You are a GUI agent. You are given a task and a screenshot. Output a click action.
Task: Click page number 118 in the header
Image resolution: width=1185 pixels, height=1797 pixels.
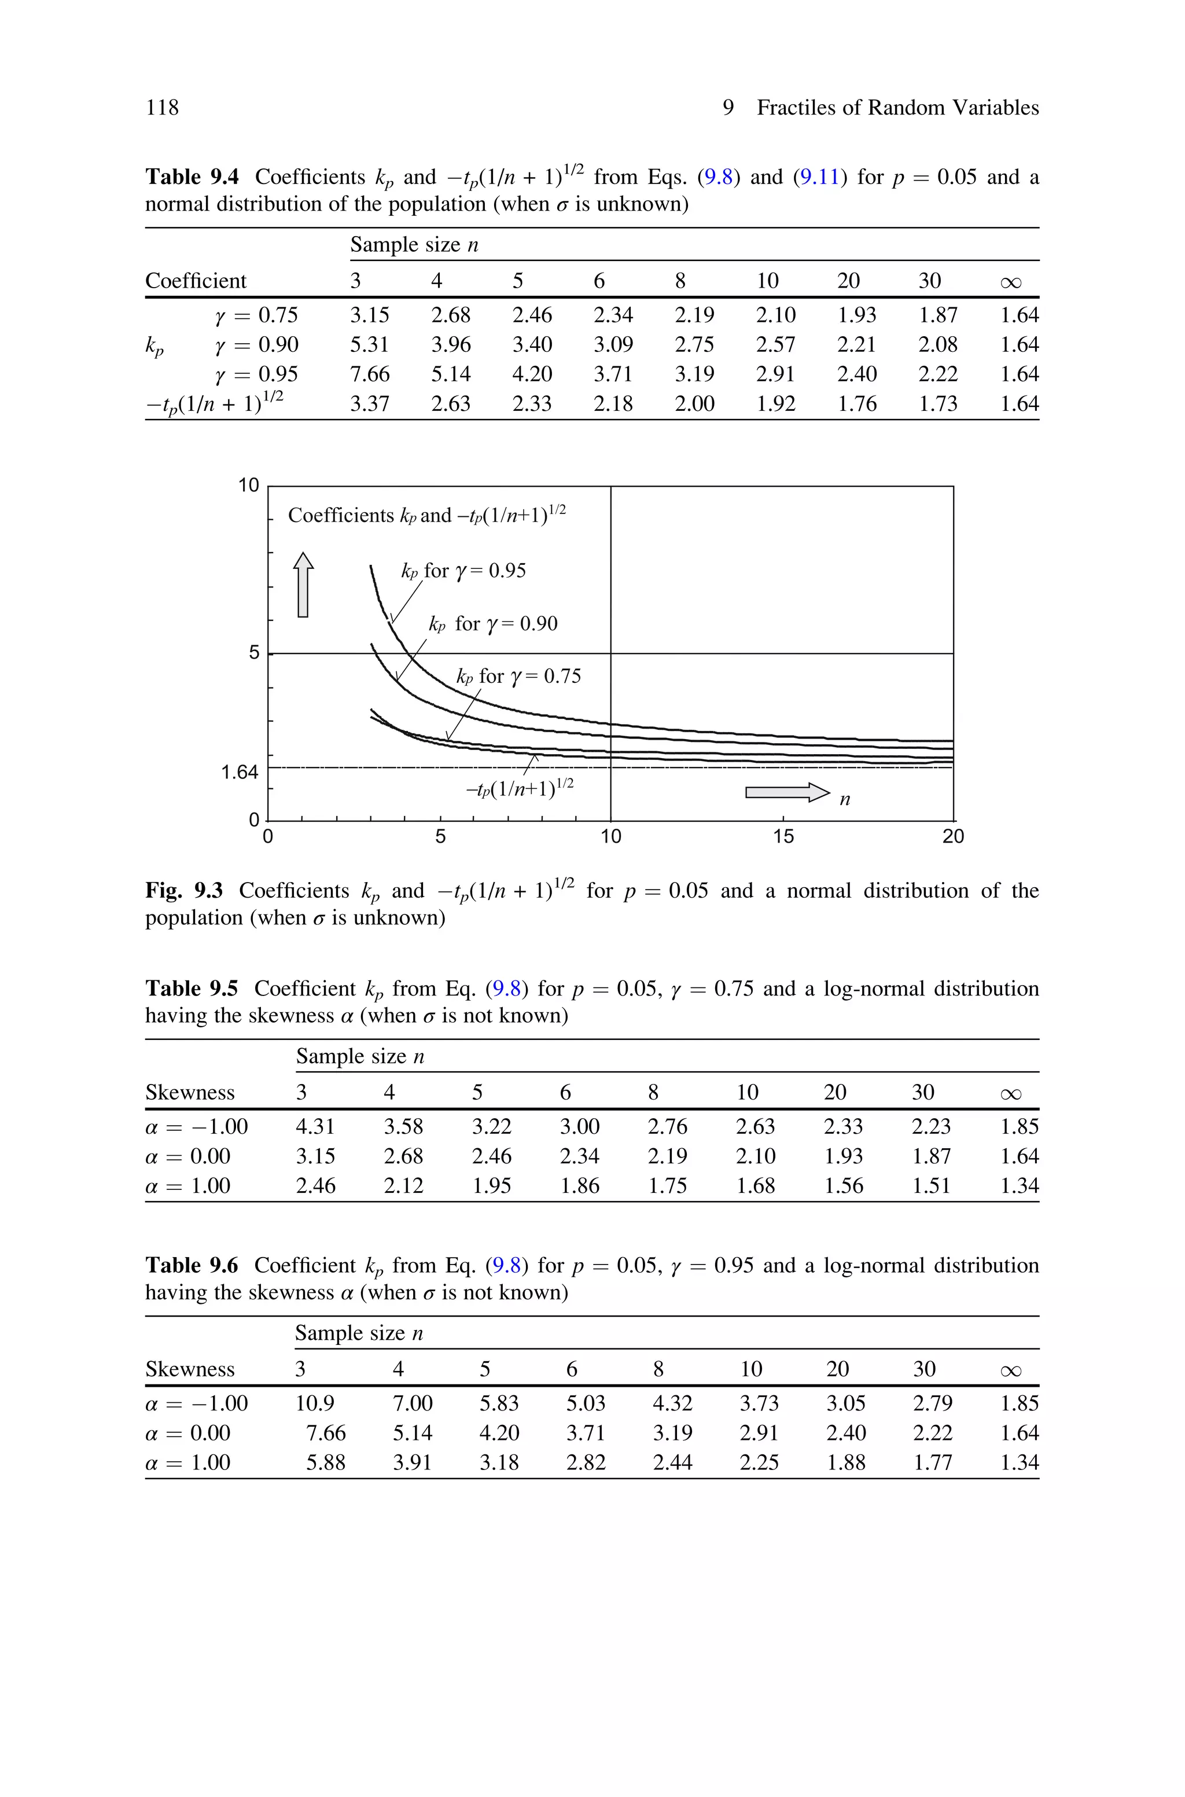coord(163,108)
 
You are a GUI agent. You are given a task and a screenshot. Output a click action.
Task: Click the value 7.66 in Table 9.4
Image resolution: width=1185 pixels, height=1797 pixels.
coord(370,374)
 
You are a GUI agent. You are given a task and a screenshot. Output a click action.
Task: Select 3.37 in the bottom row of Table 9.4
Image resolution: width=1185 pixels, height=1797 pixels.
coord(370,403)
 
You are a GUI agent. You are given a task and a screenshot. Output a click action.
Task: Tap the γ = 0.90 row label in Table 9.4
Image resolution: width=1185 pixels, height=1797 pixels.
coord(256,344)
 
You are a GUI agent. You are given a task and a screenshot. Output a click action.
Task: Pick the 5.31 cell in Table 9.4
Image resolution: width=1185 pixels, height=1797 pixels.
coord(370,344)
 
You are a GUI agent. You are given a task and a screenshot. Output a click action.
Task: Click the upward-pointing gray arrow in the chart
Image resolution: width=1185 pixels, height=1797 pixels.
coord(303,584)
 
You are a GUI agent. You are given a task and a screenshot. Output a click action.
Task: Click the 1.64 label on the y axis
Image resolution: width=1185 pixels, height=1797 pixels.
coord(240,772)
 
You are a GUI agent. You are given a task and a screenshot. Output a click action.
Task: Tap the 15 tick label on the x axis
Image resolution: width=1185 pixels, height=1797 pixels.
coord(783,836)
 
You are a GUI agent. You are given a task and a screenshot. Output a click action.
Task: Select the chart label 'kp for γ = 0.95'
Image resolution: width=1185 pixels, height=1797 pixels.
coord(463,571)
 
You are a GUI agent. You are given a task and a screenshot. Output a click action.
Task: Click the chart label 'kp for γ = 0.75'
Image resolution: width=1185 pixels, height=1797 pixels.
coord(519,677)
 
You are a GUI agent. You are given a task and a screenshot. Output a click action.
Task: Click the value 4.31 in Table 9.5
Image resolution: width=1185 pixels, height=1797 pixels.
coord(315,1127)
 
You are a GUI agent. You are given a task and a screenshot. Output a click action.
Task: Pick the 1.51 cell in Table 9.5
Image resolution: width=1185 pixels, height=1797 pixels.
coord(931,1186)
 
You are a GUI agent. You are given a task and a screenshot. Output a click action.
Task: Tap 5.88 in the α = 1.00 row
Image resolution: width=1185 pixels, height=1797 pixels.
coord(326,1462)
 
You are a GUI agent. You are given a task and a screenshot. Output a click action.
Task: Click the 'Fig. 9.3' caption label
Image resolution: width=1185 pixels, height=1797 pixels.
coord(183,891)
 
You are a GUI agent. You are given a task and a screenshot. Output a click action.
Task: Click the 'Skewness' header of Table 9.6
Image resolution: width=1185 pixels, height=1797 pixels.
coord(190,1369)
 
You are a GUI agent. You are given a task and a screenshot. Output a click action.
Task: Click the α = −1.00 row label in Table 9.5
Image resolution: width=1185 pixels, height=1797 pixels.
coord(197,1127)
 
